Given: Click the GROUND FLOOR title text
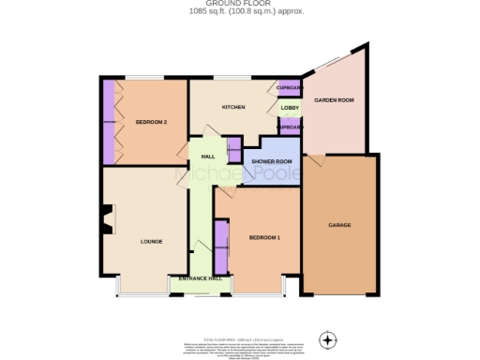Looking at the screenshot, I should pos(239,4).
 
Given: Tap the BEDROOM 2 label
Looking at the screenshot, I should pos(150,122).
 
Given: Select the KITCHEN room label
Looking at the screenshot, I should pos(233,107).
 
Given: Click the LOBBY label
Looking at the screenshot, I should pos(290,108).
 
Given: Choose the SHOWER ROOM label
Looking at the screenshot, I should pos(269,161).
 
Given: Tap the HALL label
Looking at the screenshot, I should pos(208,157).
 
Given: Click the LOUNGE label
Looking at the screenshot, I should pos(152,242).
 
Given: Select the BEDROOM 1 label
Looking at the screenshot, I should pos(264,238).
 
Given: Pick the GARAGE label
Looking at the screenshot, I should pos(338,227).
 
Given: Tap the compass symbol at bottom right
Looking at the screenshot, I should pos(327,338).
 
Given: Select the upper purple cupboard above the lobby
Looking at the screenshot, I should pos(290,88).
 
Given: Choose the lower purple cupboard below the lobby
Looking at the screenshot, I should pos(291,127).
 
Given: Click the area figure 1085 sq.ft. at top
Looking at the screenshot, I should pos(213,11).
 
